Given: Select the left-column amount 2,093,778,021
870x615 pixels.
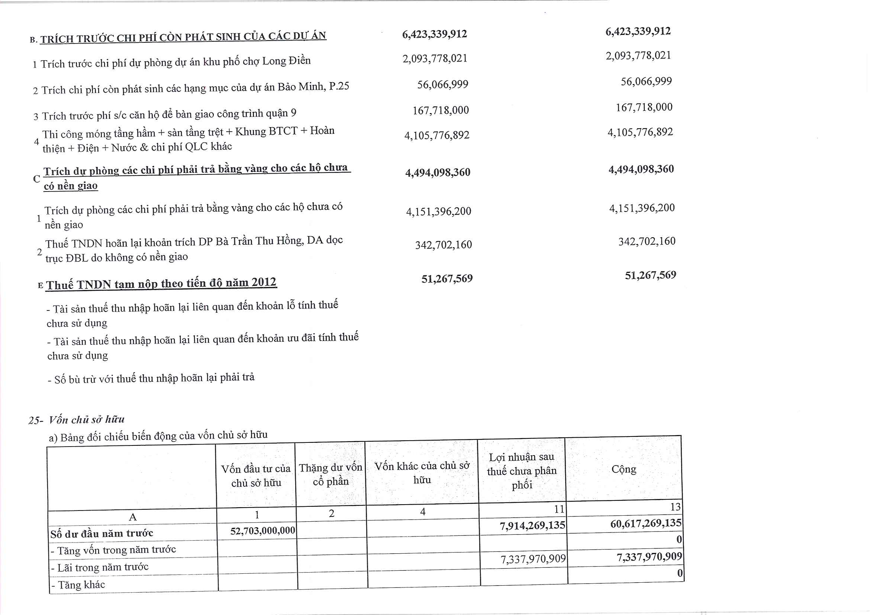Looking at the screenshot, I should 435,59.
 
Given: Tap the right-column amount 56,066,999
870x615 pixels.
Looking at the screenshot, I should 646,81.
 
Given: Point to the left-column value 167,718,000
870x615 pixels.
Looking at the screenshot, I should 440,110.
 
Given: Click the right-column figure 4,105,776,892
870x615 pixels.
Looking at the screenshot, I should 640,132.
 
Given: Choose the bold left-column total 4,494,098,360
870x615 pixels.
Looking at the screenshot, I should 438,173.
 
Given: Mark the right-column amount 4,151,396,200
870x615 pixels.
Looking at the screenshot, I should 642,208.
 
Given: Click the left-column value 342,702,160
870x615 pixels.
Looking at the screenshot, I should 443,245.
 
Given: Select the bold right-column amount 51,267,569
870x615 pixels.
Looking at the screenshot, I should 650,275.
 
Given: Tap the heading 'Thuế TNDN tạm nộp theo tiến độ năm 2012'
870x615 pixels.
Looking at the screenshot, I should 161,283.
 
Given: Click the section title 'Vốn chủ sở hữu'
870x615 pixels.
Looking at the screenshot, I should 86,419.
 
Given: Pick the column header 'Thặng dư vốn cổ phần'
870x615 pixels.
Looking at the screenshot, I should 331,474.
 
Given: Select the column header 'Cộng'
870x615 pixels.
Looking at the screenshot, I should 624,469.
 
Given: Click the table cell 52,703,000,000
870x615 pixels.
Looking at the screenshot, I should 262,531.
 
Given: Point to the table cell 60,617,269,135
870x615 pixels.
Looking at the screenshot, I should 646,524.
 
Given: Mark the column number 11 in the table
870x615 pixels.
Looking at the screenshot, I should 559,509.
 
